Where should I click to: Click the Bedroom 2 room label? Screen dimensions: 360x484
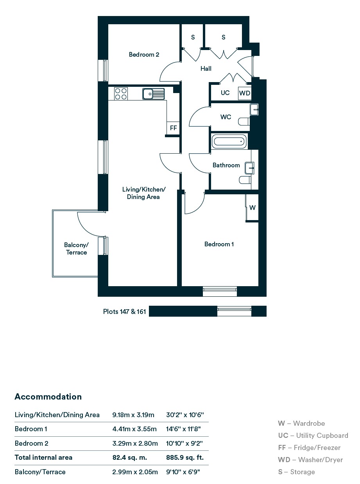(x=144, y=54)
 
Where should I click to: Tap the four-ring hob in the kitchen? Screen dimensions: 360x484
(x=121, y=93)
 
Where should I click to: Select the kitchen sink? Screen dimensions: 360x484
(x=153, y=94)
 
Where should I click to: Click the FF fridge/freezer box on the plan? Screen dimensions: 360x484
(x=173, y=128)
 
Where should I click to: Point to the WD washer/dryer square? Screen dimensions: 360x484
(x=245, y=93)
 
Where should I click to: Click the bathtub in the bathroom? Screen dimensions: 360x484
(x=229, y=142)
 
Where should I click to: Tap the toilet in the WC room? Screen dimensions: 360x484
(x=244, y=122)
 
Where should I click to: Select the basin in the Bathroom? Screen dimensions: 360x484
(x=249, y=168)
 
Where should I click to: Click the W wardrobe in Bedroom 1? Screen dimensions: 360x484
(x=252, y=208)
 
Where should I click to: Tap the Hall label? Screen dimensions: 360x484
(x=206, y=69)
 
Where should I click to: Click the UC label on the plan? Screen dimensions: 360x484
(x=225, y=93)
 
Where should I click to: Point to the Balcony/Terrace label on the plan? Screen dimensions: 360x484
(x=76, y=249)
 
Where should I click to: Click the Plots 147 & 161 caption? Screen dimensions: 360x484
(x=124, y=311)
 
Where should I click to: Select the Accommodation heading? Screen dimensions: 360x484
(x=48, y=396)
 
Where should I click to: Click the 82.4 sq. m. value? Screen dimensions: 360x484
(x=130, y=457)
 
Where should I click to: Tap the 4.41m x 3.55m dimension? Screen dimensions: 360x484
(x=134, y=429)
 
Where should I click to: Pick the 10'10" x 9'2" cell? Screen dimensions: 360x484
(x=184, y=443)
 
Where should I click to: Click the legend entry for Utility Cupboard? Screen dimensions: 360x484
(x=313, y=436)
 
